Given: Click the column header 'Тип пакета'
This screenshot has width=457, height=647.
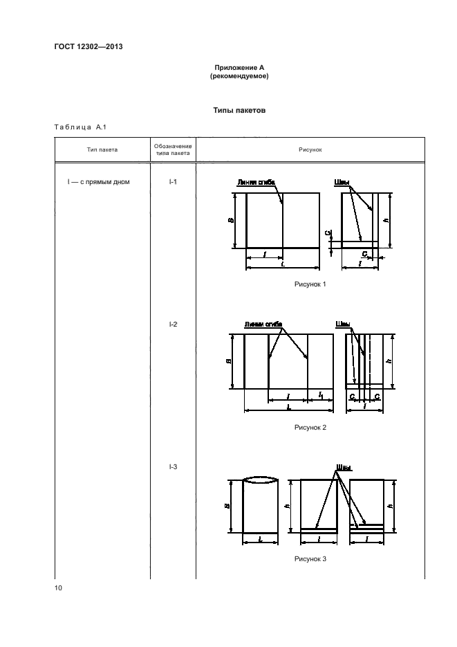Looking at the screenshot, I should [x=102, y=149].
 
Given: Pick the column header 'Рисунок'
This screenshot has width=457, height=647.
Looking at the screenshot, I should [x=310, y=149].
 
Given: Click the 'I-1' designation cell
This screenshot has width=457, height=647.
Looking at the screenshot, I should [x=173, y=183].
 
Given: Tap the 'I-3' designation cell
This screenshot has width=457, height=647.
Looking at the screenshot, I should [x=173, y=466].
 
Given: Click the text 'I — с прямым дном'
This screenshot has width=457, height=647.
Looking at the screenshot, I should [x=99, y=183].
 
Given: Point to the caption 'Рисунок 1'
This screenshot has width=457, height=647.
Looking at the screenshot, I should [x=310, y=284].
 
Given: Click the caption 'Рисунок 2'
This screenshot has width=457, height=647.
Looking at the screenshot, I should [x=310, y=427].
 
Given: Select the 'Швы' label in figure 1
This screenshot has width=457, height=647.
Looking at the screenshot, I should [x=342, y=183].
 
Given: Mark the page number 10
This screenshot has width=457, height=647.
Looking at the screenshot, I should [x=58, y=588].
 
